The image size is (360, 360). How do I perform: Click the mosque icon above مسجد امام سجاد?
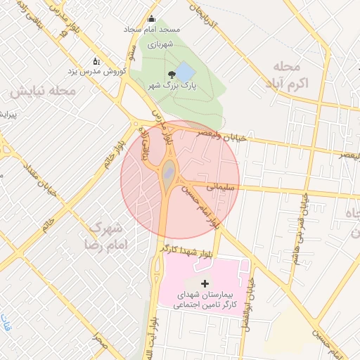pyautogui.click(x=151, y=19)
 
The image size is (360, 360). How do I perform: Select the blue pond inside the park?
pyautogui.click(x=184, y=71)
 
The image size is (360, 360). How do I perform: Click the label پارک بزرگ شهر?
pyautogui.click(x=172, y=85)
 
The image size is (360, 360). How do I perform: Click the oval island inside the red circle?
pyautogui.click(x=169, y=172)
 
